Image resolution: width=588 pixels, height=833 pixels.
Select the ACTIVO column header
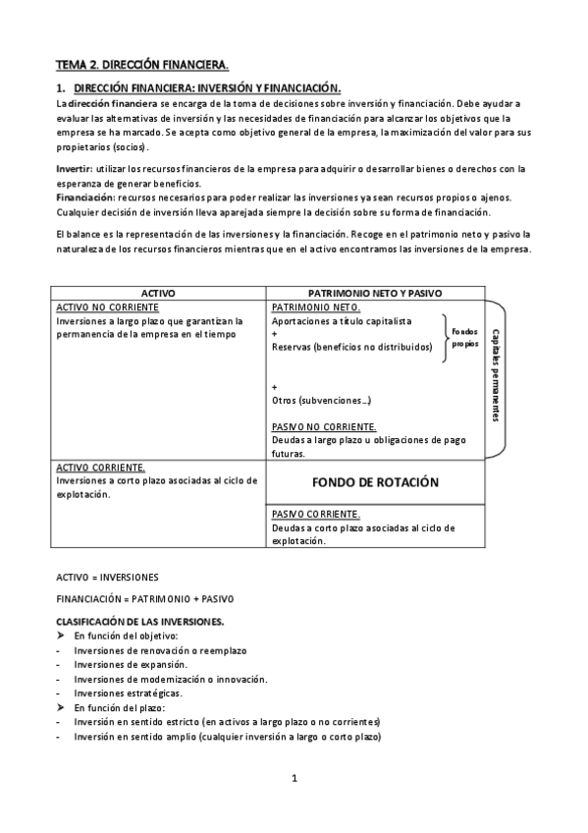159,293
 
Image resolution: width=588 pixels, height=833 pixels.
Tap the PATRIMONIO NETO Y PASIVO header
375,293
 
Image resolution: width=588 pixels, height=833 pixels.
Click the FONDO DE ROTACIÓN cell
375,483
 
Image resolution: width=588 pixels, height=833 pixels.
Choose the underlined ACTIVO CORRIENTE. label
102,468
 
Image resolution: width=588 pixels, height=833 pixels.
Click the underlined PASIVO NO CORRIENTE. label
324,427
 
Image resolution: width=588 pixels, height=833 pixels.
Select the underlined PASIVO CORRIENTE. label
315,514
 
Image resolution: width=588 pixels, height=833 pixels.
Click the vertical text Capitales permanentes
496,374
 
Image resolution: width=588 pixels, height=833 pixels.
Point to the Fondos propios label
466,339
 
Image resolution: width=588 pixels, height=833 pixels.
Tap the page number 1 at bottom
294,779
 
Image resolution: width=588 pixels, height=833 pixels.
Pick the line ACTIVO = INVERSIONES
107,577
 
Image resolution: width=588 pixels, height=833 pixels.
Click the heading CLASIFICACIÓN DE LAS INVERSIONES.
140,622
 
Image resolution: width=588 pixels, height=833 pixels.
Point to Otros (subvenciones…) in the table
321,401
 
